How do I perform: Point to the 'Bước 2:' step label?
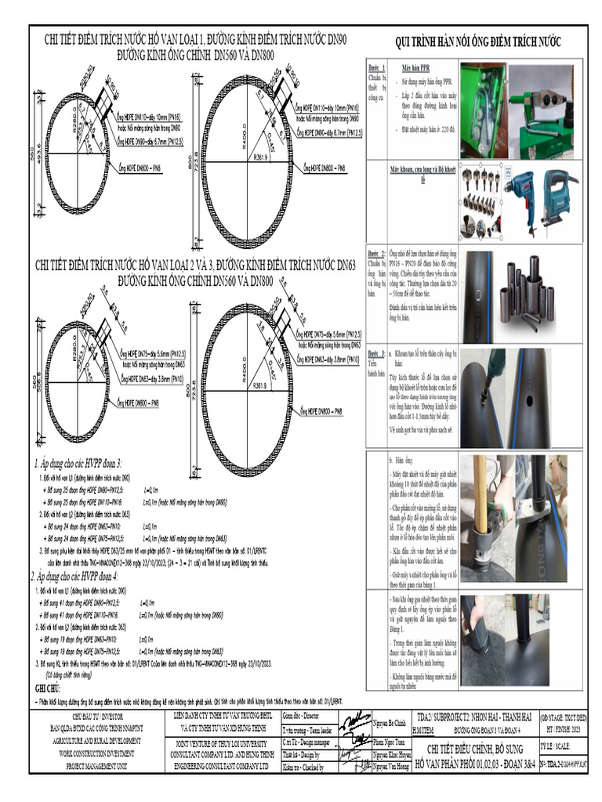(377, 255)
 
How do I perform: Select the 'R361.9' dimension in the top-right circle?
(260, 157)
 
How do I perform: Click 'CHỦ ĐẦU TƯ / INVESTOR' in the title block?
(92, 716)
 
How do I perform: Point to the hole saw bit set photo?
(481, 201)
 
